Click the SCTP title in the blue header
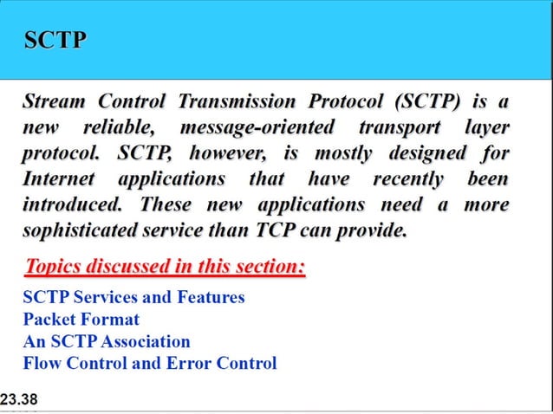tap(55, 40)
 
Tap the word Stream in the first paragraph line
tap(54, 102)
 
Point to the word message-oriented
tap(257, 128)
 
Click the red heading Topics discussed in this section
tap(166, 266)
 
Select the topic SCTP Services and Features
tap(134, 298)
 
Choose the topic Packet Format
tap(81, 320)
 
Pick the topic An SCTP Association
tap(107, 341)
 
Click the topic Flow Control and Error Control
tap(150, 363)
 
